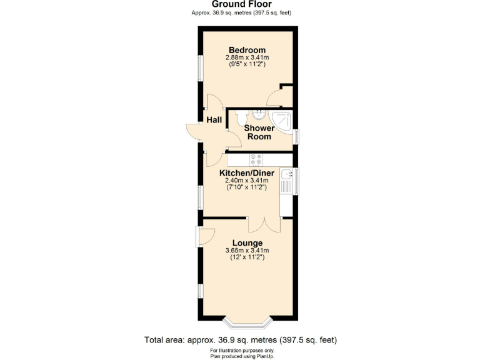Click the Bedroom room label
coord(247,50)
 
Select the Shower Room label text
coord(258,132)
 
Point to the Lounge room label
coord(247,242)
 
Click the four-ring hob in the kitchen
coord(257,159)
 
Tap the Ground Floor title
coord(241,4)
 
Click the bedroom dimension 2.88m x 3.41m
coord(247,58)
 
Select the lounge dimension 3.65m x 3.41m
coord(247,251)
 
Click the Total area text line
coord(241,340)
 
